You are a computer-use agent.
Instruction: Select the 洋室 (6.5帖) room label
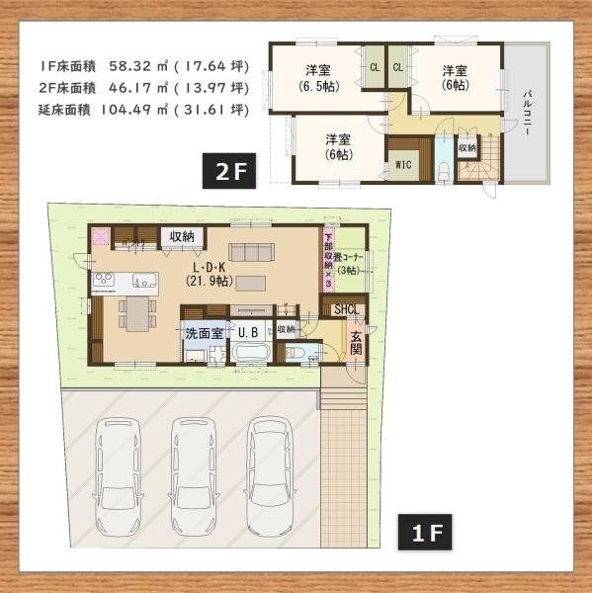[x=317, y=77]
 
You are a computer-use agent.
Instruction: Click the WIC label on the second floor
[x=403, y=165]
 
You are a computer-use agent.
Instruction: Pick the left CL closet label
[x=375, y=67]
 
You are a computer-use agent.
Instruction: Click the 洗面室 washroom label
[x=203, y=333]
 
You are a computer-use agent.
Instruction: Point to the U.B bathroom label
[x=247, y=333]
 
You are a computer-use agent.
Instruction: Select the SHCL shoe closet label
[x=346, y=310]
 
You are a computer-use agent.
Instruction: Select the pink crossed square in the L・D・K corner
[x=101, y=237]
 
